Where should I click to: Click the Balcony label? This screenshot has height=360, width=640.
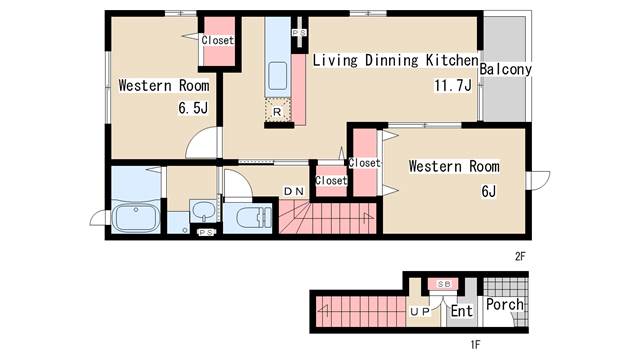pos(505,69)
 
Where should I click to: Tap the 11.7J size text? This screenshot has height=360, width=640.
pos(453,86)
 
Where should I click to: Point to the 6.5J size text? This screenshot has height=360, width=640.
pos(193,108)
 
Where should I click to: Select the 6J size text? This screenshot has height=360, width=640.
pos(489,191)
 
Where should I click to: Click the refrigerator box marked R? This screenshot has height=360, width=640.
pos(278,110)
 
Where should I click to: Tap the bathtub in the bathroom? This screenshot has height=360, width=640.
pos(136,217)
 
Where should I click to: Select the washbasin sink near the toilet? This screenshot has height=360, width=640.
pos(203,211)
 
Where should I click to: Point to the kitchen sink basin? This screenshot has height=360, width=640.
pos(278,76)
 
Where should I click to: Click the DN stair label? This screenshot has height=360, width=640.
pos(294,191)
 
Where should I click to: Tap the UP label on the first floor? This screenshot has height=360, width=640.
pos(420,311)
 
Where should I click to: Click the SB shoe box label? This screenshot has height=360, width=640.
pos(444,284)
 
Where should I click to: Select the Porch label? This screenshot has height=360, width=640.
pos(504,304)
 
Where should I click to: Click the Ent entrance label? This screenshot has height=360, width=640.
pos(461,311)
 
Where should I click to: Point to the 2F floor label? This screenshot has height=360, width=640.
pos(520,256)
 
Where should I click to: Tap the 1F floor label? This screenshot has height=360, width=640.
pos(475,345)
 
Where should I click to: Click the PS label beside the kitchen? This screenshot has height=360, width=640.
pos(299,33)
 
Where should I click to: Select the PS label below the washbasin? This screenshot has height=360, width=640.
pos(206,232)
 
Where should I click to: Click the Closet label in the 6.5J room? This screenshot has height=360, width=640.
pos(218,40)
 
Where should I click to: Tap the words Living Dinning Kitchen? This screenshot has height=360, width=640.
pos(396,60)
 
